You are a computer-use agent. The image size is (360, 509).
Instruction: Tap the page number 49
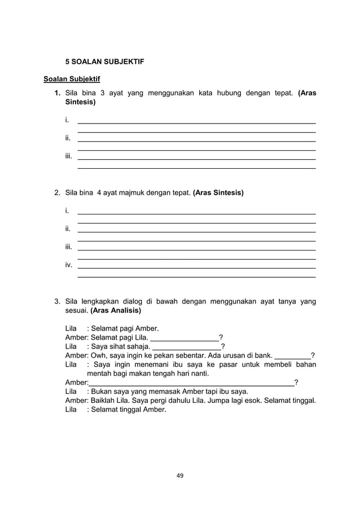coord(180,476)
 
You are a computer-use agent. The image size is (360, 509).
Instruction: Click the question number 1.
coord(57,93)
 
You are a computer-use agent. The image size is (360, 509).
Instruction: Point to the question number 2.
coord(57,193)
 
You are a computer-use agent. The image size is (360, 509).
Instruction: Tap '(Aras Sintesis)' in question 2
coord(218,193)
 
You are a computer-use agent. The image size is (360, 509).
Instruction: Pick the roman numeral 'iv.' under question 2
coord(68,265)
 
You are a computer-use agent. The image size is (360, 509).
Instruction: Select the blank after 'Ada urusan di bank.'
coord(292,357)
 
